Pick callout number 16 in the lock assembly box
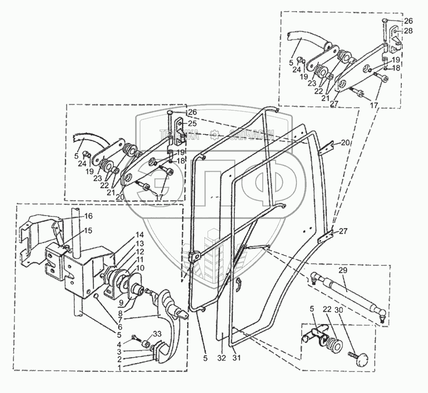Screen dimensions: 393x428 click(89, 216)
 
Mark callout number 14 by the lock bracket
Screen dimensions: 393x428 click(139, 235)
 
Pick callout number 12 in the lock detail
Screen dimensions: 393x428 click(139, 251)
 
